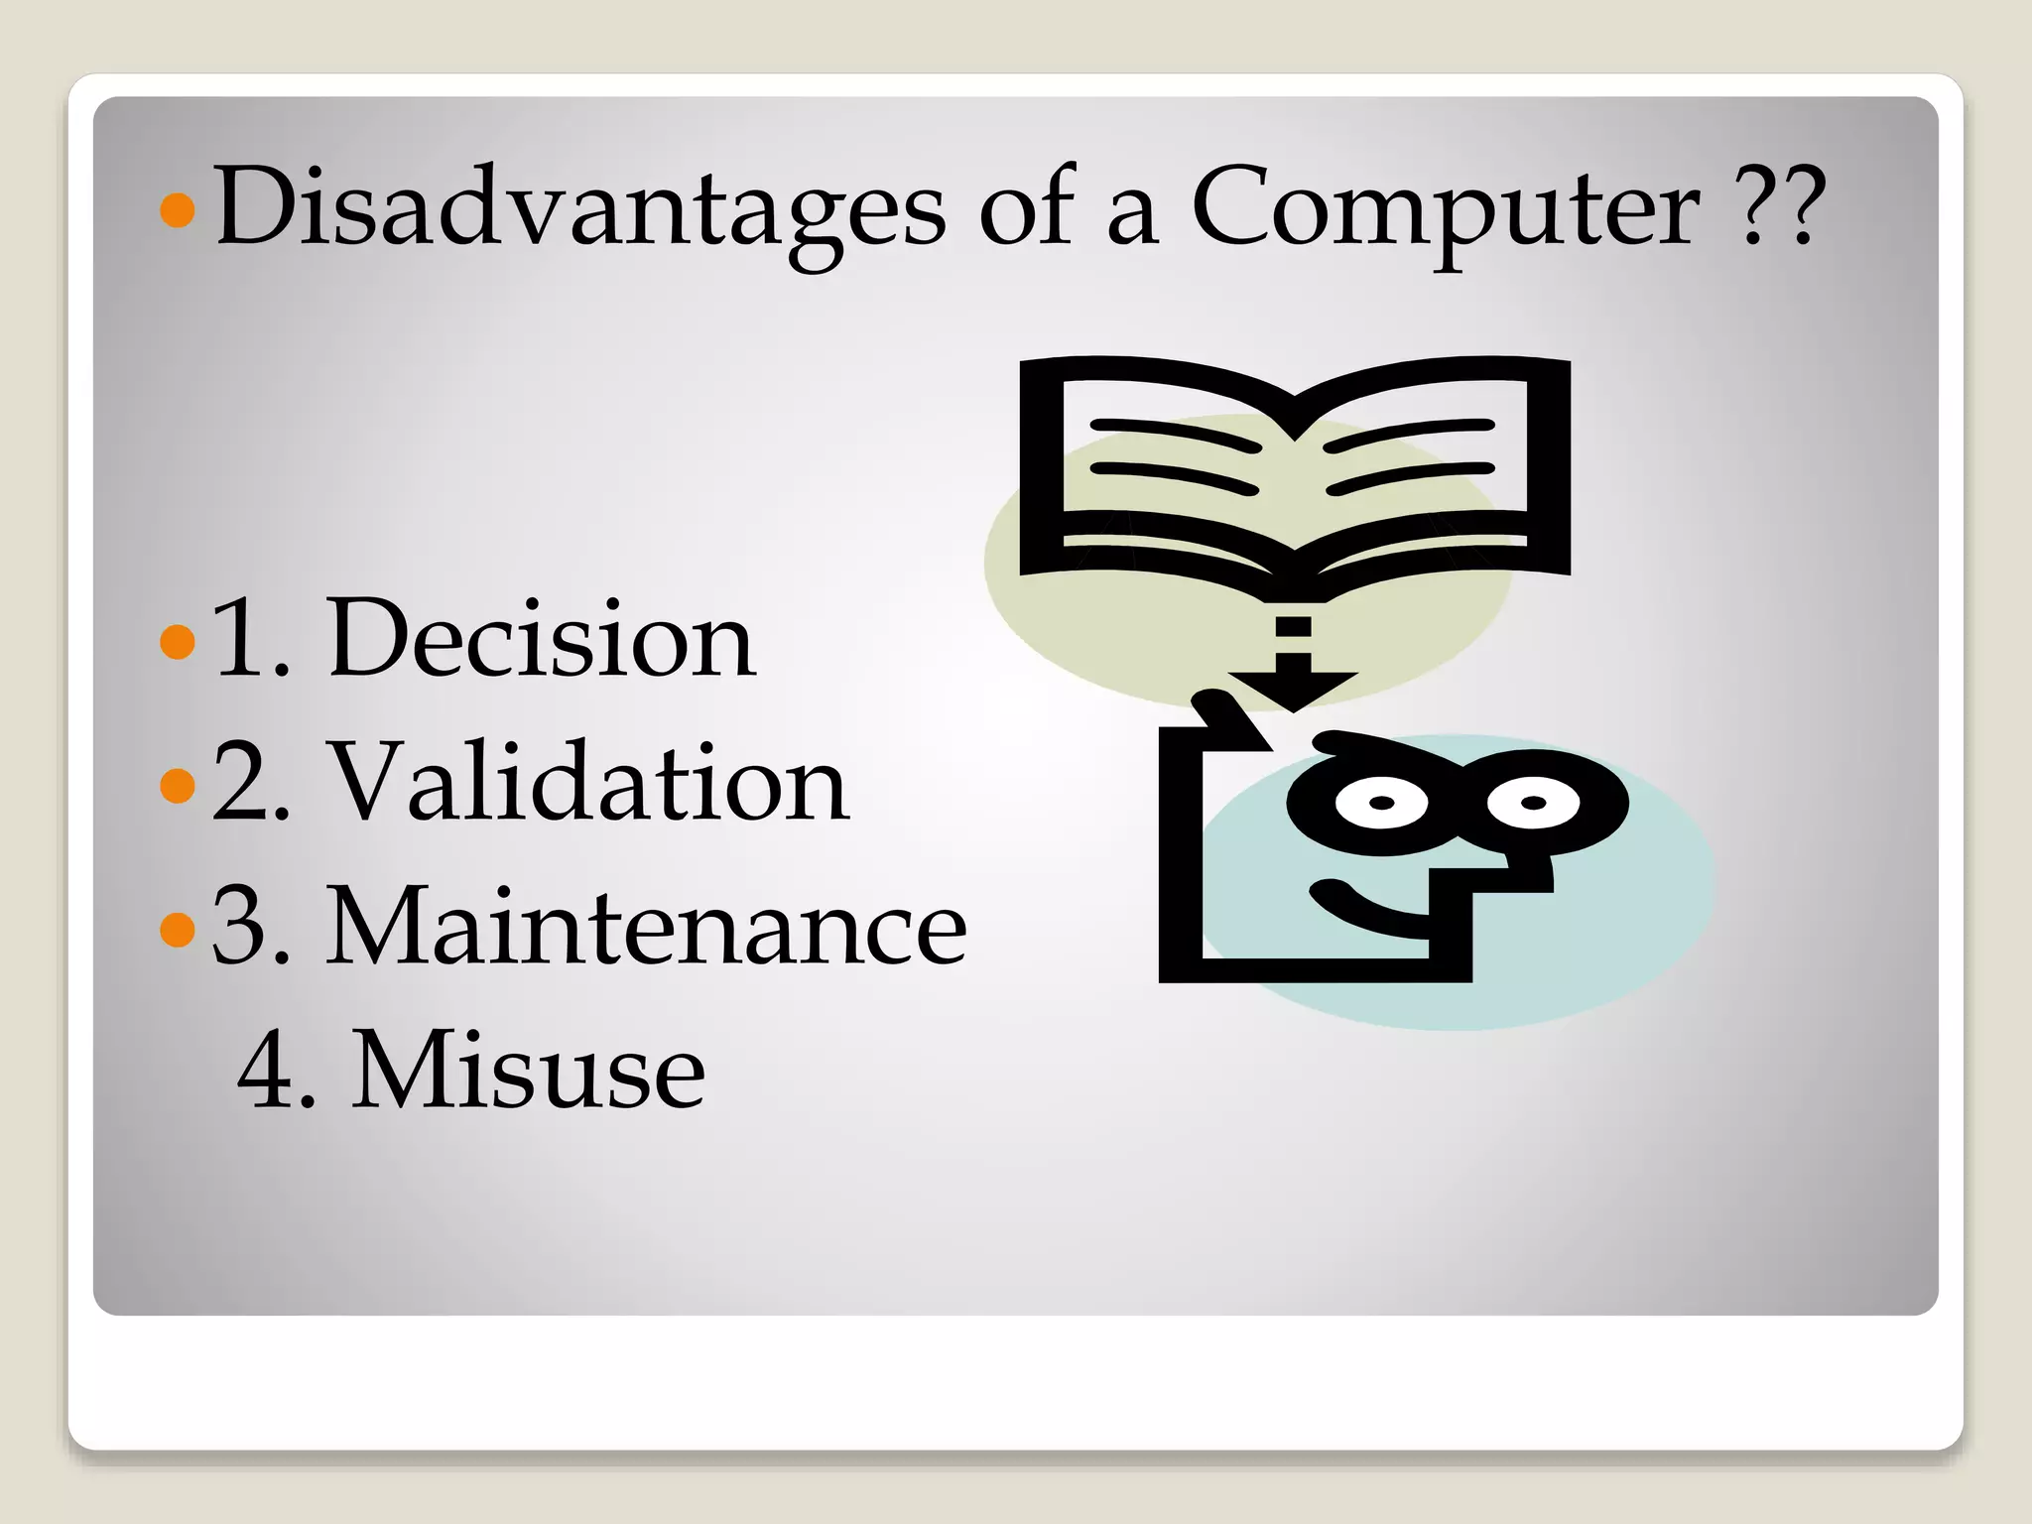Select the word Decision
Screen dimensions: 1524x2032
(541, 640)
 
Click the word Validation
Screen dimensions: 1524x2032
(587, 784)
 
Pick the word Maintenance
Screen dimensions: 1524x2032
(646, 928)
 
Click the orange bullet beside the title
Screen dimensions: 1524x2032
(177, 209)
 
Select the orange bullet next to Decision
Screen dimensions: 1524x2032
(177, 641)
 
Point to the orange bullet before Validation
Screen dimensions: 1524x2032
(177, 785)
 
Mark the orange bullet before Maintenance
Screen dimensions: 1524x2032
(177, 929)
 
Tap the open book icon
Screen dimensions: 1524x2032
(1294, 466)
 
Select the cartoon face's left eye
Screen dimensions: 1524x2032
(1381, 802)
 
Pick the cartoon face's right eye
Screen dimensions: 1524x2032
(1533, 802)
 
